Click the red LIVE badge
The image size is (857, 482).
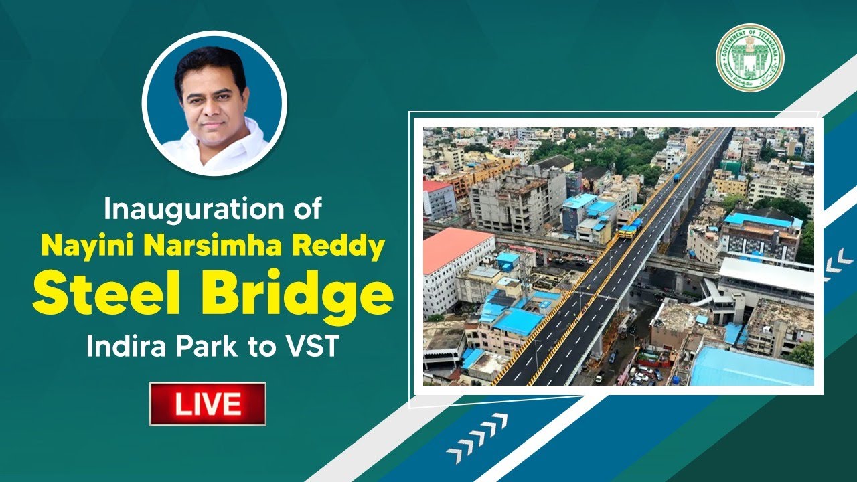pyautogui.click(x=208, y=404)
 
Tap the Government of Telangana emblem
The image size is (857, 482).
pyautogui.click(x=750, y=58)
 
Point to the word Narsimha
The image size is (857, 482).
pyautogui.click(x=200, y=246)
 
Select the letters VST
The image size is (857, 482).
pyautogui.click(x=315, y=347)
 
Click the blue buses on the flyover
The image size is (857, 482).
pyautogui.click(x=630, y=228)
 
